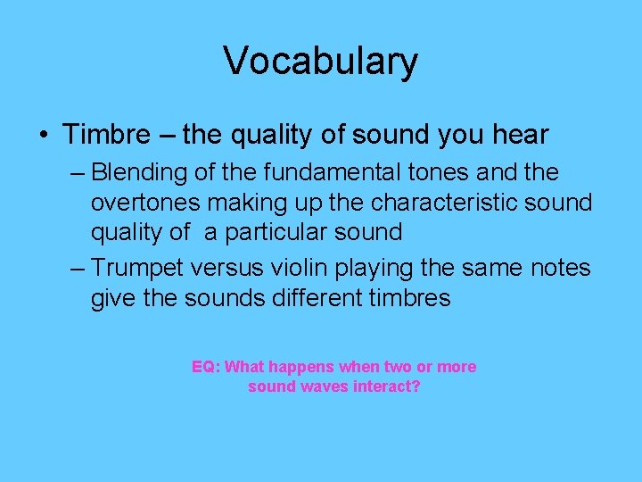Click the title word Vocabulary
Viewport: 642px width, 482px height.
[320, 61]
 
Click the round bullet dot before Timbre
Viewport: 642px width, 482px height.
[43, 136]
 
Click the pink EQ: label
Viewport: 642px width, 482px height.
[207, 367]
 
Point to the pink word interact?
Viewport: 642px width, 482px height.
[387, 387]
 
